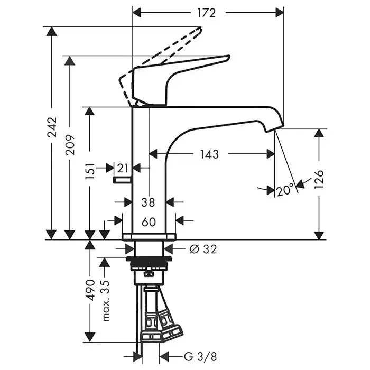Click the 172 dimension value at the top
click(207, 13)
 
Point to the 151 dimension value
click(90, 172)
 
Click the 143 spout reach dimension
click(209, 154)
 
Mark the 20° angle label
click(284, 189)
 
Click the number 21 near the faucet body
click(123, 168)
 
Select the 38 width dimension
click(149, 201)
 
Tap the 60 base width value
click(149, 222)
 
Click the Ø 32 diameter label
click(202, 249)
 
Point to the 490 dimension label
click(90, 290)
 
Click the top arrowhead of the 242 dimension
click(51, 31)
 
